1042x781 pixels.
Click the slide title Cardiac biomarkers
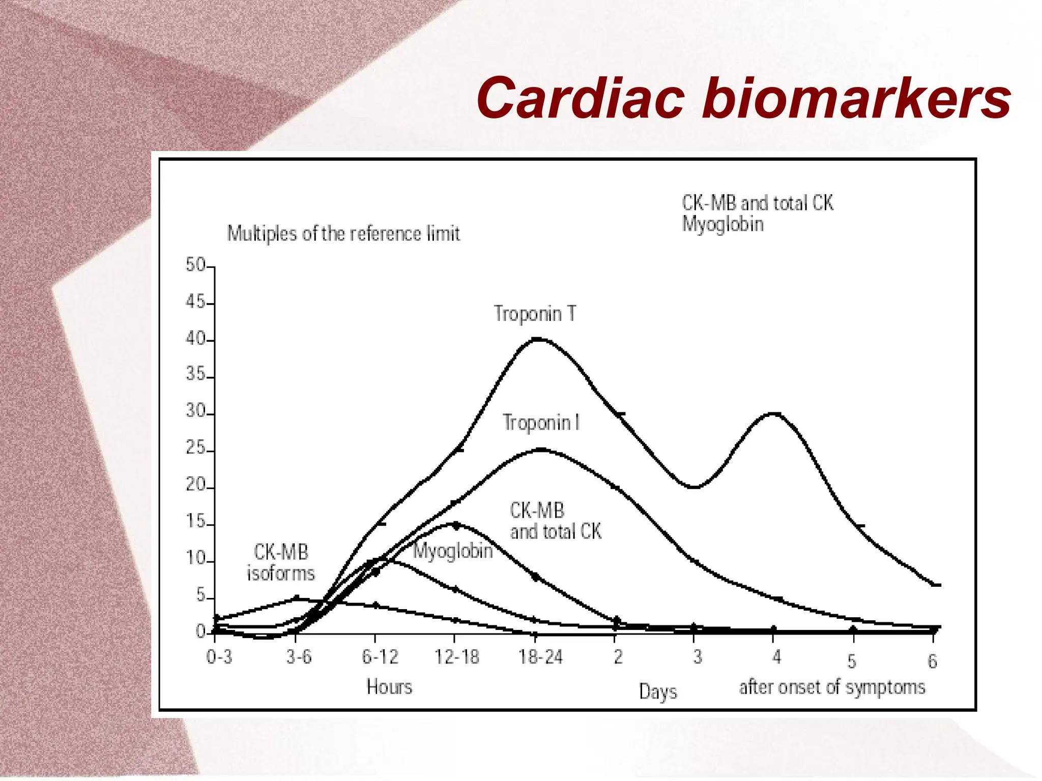tap(743, 97)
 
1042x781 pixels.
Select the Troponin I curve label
tap(541, 423)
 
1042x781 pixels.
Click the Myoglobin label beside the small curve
tap(452, 551)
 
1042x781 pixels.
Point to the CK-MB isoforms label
tap(281, 562)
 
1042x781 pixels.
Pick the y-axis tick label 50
tap(195, 265)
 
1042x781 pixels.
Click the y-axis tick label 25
tap(195, 448)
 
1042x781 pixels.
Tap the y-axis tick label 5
tap(200, 595)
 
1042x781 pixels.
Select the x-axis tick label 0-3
tap(219, 657)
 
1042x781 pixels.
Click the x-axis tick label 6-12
tap(380, 657)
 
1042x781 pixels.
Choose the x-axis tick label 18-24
tap(540, 657)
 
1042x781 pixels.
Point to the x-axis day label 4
tap(776, 657)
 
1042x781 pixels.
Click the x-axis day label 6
tap(932, 662)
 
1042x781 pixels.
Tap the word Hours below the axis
tap(389, 687)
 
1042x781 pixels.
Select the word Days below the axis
tap(658, 692)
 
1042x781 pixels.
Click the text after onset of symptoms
tap(832, 687)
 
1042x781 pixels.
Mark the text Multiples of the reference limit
tap(343, 234)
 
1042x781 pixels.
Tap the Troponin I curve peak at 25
tap(541, 450)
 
